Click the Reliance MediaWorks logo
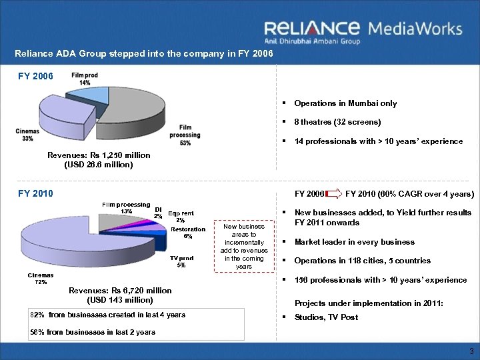[x=363, y=31]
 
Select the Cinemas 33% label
[x=27, y=135]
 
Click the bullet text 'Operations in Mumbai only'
[x=345, y=103]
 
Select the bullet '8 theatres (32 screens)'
[x=337, y=122]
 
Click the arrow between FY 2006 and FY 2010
[x=333, y=195]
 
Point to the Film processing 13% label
[x=125, y=207]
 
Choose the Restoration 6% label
[x=188, y=233]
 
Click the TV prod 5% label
[x=181, y=261]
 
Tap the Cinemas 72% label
[x=41, y=278]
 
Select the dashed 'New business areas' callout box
[x=244, y=247]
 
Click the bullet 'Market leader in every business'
[x=354, y=242]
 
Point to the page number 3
[x=471, y=351]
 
